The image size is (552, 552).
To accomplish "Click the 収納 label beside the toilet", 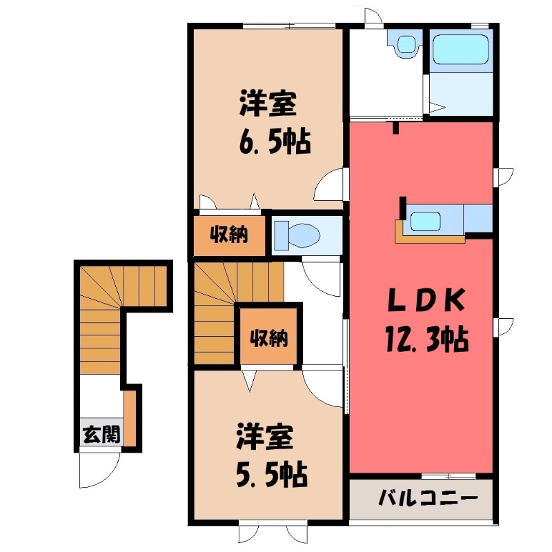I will (x=229, y=235).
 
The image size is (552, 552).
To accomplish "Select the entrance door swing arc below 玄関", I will (x=97, y=469).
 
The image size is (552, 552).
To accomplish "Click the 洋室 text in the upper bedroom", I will (x=268, y=105).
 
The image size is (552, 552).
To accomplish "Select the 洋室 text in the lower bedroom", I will (x=267, y=438).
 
